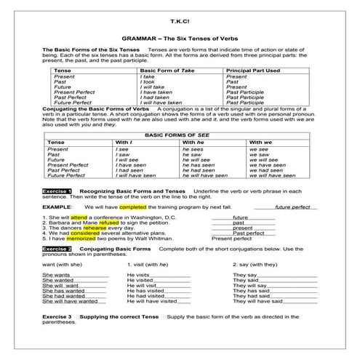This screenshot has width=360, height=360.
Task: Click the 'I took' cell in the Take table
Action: point(148,81)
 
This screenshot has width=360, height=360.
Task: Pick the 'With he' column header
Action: point(193,142)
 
